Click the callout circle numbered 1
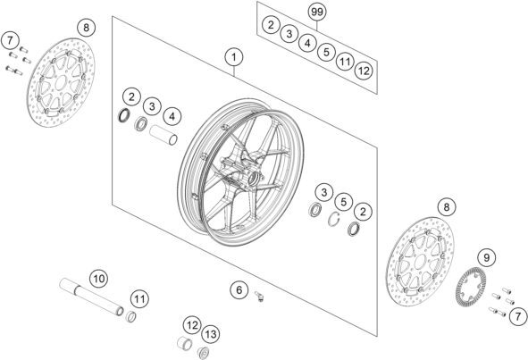coord(234,59)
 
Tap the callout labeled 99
coord(317,13)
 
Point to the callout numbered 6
coord(238,289)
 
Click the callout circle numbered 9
coord(486,258)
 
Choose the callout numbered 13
coord(211,334)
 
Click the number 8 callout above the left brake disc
coord(84,28)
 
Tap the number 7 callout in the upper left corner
coord(10,39)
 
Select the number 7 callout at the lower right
coord(515,314)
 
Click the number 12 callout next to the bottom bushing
coord(192,325)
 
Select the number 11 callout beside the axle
coord(138,297)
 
